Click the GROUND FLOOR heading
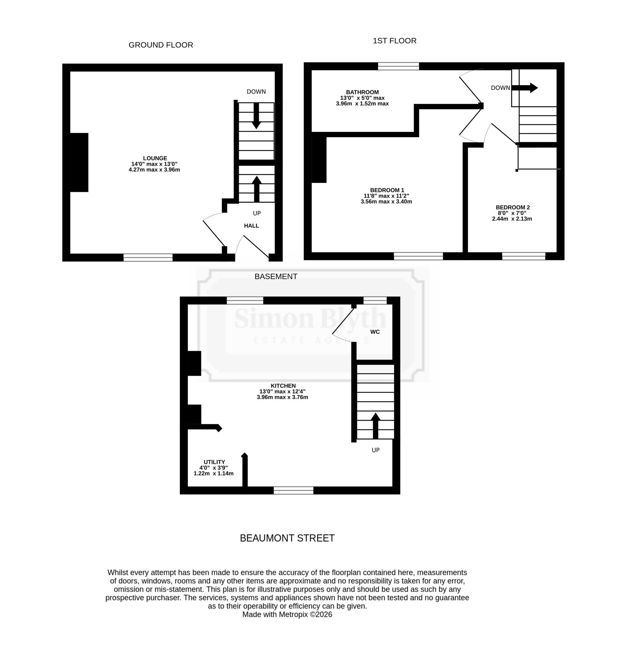[161, 45]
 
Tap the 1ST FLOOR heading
[394, 41]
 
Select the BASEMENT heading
[276, 277]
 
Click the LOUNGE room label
[155, 158]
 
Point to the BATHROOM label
[362, 92]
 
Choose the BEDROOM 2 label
[513, 207]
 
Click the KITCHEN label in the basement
[283, 386]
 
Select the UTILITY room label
[214, 462]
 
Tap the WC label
[375, 332]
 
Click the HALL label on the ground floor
[251, 226]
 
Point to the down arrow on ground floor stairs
[256, 116]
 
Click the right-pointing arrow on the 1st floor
[524, 88]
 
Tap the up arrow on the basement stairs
[375, 426]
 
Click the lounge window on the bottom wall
[148, 257]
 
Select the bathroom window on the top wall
[398, 66]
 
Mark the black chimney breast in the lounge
[79, 163]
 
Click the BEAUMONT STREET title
[287, 538]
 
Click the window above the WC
[375, 300]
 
